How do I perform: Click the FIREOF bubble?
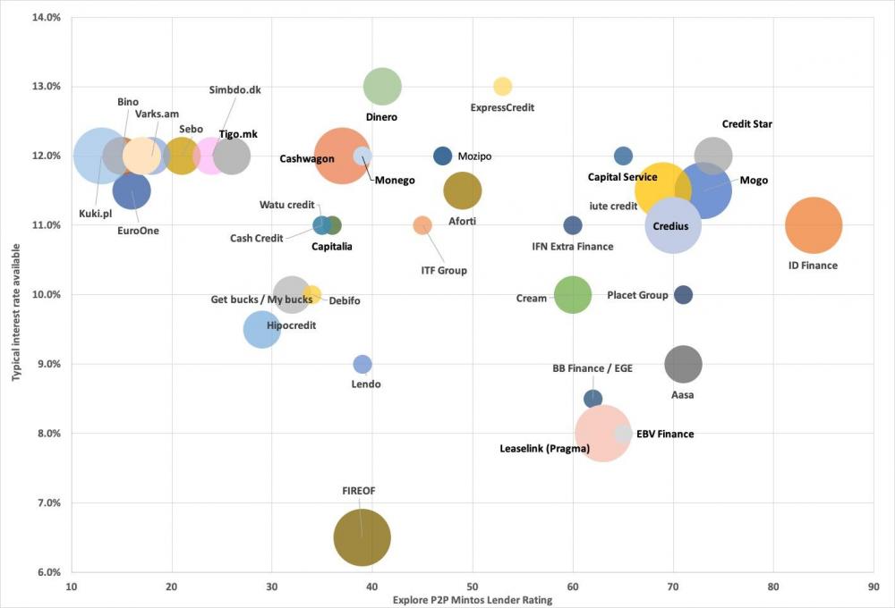(x=362, y=537)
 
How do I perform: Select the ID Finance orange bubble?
(x=814, y=225)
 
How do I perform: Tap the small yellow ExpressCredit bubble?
(x=502, y=87)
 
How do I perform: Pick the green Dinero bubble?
(x=382, y=87)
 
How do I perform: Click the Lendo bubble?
(x=362, y=364)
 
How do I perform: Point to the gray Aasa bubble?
(x=683, y=364)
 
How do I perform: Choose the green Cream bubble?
(x=573, y=295)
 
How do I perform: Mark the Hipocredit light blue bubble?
(x=261, y=329)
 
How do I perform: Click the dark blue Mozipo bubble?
(x=442, y=156)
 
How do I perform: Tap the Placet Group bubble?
(x=683, y=295)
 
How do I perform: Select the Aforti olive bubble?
(x=463, y=190)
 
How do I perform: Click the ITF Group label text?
(x=444, y=270)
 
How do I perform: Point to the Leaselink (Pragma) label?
(x=544, y=448)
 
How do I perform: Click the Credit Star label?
(x=746, y=124)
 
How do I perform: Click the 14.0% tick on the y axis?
(x=46, y=17)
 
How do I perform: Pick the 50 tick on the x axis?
(x=473, y=587)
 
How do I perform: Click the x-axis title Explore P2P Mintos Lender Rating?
(x=473, y=600)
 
